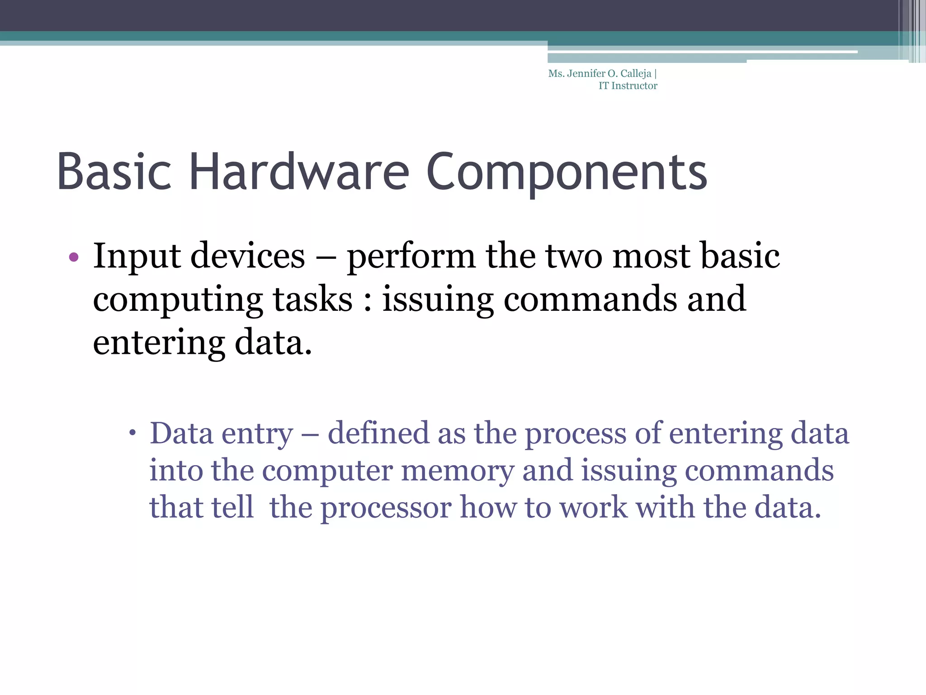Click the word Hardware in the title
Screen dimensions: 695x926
(x=299, y=172)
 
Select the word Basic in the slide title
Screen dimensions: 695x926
(x=114, y=172)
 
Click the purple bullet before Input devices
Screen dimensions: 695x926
(x=74, y=257)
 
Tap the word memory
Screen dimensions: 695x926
(x=458, y=471)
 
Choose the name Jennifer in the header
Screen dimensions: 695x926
(x=586, y=73)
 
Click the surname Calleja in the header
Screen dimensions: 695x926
(x=636, y=74)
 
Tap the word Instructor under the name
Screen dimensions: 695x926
(x=634, y=86)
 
